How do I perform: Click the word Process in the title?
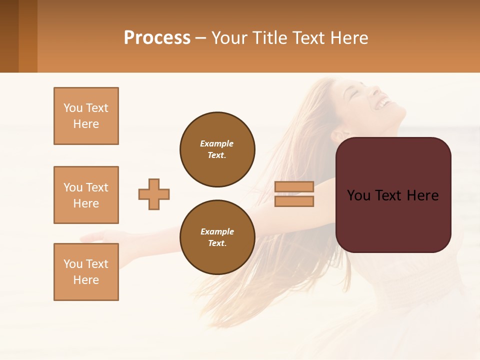point(157,38)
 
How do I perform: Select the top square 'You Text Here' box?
point(86,116)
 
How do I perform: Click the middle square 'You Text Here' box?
point(86,195)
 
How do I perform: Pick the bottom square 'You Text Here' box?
point(86,272)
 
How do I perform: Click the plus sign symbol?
point(154,194)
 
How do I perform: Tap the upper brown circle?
point(217,149)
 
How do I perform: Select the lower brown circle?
point(217,237)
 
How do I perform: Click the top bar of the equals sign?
point(294,186)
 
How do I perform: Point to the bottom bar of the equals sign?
point(294,201)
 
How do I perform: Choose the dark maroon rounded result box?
point(393,195)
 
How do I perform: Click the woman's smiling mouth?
point(383,103)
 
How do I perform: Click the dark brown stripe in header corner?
point(9,36)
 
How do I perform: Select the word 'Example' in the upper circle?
point(216,143)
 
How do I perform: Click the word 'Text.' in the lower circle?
point(217,243)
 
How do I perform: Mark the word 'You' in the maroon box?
point(358,195)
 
